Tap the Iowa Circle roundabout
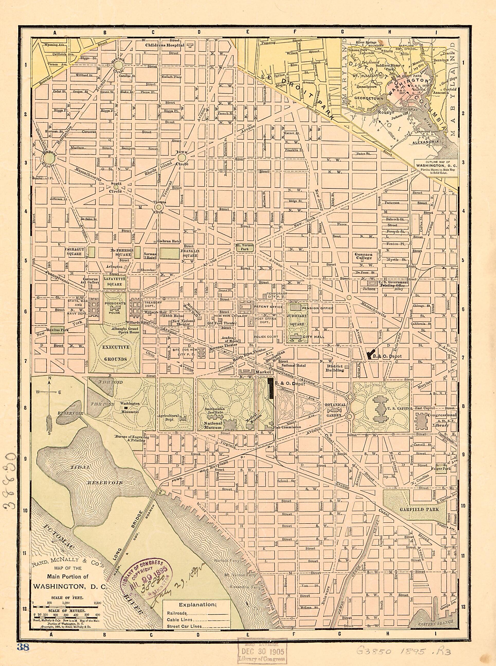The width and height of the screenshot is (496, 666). (x=182, y=158)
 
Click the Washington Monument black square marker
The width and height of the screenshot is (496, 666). (x=126, y=408)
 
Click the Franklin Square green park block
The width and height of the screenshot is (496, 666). (x=170, y=253)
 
